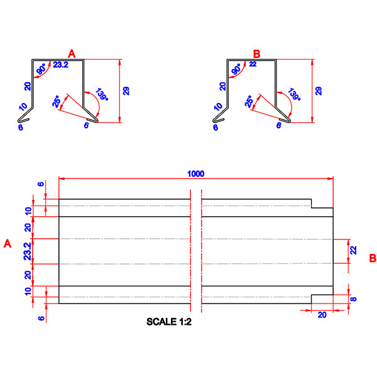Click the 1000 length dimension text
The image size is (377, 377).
[195, 173]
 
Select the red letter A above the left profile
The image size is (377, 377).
[72, 55]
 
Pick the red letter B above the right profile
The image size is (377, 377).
[256, 55]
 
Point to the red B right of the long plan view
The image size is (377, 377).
[373, 258]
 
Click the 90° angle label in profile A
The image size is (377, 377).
[42, 70]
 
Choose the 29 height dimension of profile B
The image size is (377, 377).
[319, 91]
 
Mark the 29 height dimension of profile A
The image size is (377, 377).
[126, 91]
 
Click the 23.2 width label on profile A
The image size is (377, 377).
[61, 64]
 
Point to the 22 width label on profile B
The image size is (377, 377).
[253, 64]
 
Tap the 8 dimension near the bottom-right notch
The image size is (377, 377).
[354, 299]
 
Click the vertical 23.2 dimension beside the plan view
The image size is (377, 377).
[26, 251]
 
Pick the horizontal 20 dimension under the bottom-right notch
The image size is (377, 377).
[322, 315]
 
